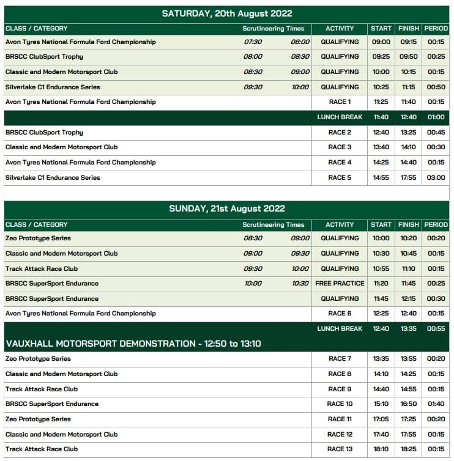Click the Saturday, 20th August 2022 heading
pos(226,13)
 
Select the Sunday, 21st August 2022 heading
pos(226,208)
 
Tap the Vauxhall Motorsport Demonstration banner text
pos(133,344)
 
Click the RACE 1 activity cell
pos(340,102)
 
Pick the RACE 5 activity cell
pos(340,178)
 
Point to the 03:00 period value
pos(436,178)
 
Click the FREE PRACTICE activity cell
pos(340,284)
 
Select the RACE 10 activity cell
pos(340,404)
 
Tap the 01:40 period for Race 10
pos(436,404)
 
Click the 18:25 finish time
pos(409,449)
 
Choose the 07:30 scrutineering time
pos(253,42)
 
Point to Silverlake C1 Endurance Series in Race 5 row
pos(53,178)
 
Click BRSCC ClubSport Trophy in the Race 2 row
pos(44,133)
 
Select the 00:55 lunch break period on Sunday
pos(436,329)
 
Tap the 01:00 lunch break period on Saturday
pos(436,117)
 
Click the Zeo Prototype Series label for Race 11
pos(38,419)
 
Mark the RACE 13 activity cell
pos(340,449)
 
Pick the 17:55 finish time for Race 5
pos(409,178)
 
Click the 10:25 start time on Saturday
pos(381,87)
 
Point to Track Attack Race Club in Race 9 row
pos(42,389)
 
